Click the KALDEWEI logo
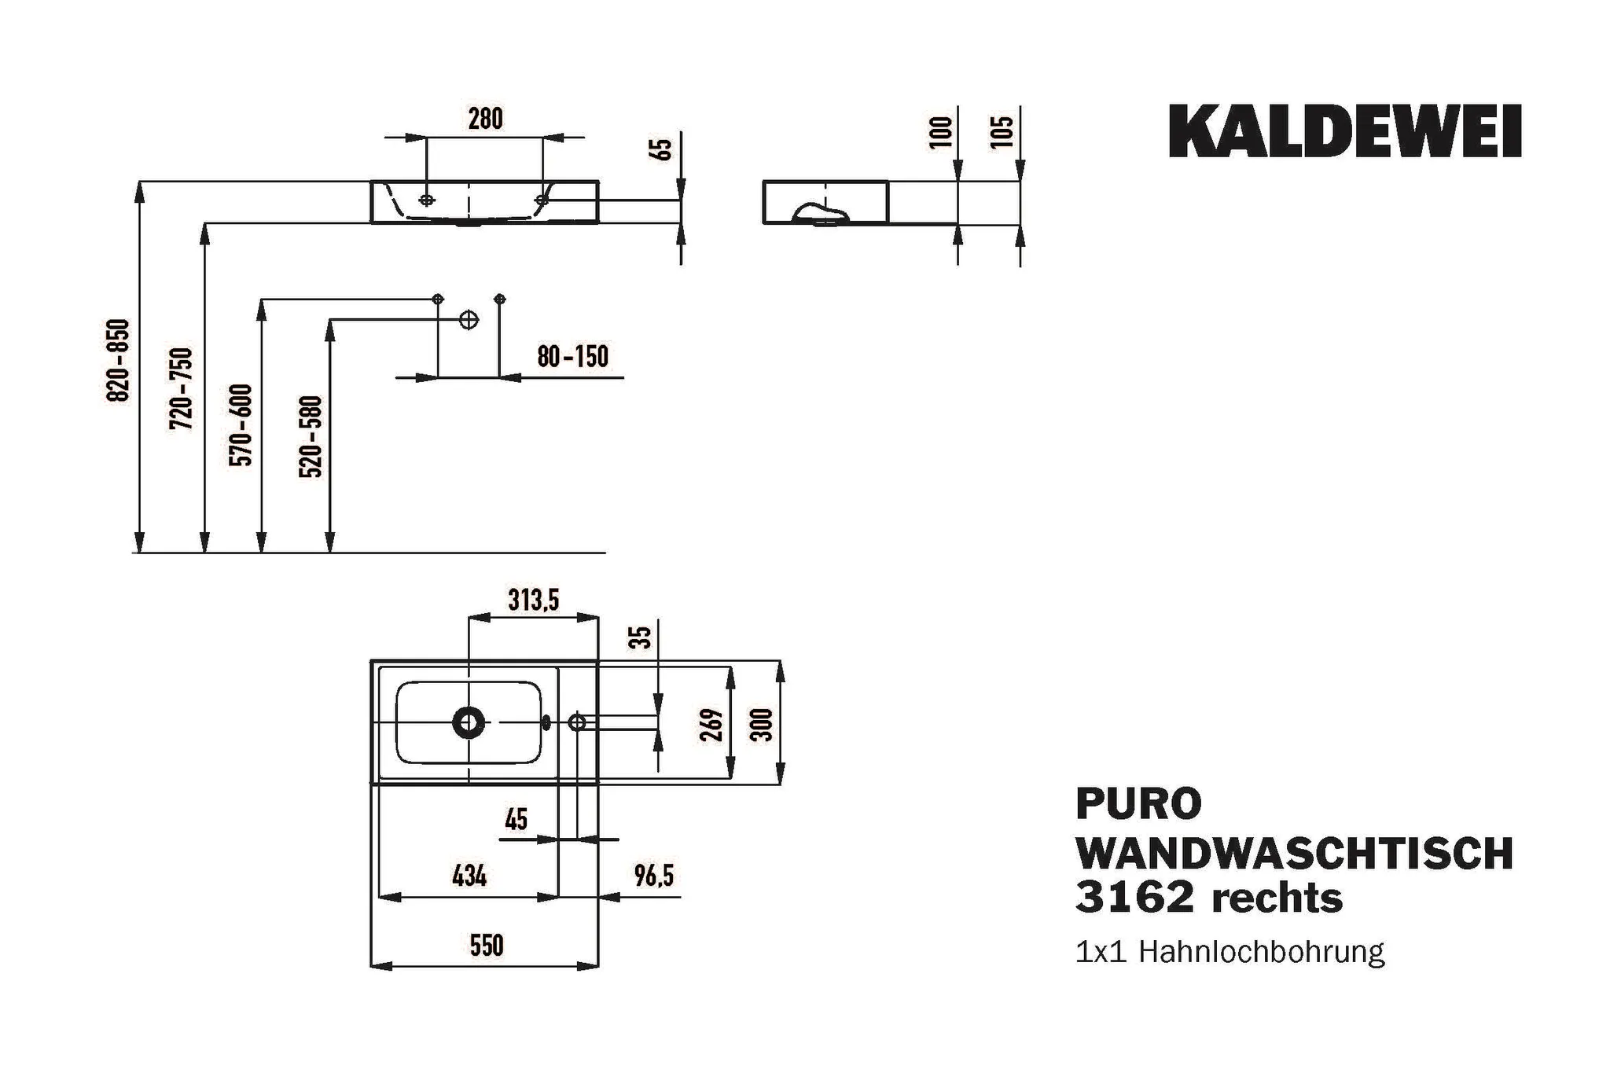tap(1344, 131)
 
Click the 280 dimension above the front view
tap(485, 119)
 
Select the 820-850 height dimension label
tap(118, 360)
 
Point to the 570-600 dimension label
tap(241, 424)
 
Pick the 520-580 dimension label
tap(311, 437)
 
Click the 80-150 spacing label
tap(572, 357)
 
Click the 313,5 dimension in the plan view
tap(533, 601)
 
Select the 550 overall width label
tap(486, 946)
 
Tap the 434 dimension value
tap(469, 875)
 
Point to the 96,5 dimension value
tap(654, 875)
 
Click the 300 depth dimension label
tap(762, 724)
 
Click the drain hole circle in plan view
tap(469, 722)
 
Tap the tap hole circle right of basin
tap(577, 722)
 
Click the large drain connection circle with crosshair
tap(469, 320)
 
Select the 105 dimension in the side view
tap(1002, 131)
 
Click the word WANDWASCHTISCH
tap(1293, 853)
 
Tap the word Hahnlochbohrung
tap(1261, 952)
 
